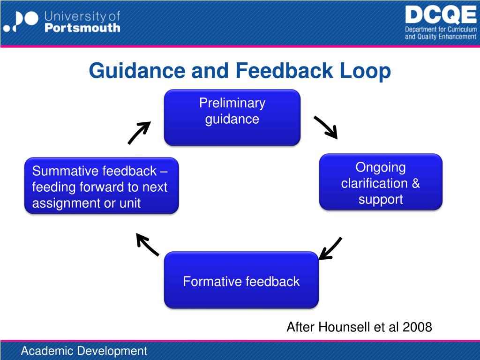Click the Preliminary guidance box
pyautogui.click(x=232, y=117)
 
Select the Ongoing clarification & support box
pyautogui.click(x=381, y=182)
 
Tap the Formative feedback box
pyautogui.click(x=241, y=280)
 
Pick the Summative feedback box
pyautogui.click(x=101, y=186)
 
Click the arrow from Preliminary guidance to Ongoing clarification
pyautogui.click(x=325, y=127)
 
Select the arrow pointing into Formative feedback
pyautogui.click(x=330, y=248)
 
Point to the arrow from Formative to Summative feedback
pyautogui.click(x=147, y=245)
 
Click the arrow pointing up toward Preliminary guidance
pyautogui.click(x=139, y=132)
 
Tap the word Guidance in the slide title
pyautogui.click(x=137, y=71)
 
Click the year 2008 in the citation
pyautogui.click(x=416, y=327)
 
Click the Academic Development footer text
pyautogui.click(x=84, y=351)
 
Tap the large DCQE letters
pyautogui.click(x=440, y=15)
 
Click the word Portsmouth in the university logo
pyautogui.click(x=82, y=28)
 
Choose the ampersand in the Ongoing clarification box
pyautogui.click(x=415, y=183)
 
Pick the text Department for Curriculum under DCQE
pyautogui.click(x=441, y=30)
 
